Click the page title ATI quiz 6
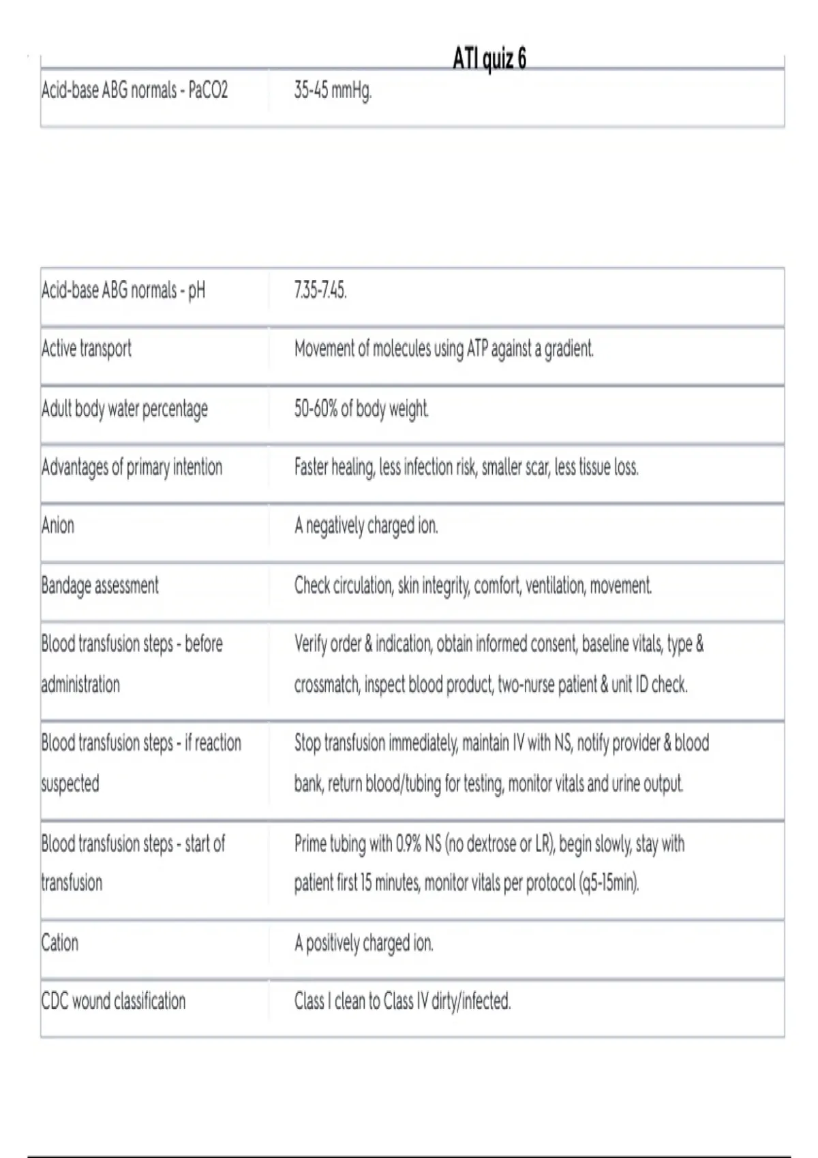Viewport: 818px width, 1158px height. click(x=489, y=59)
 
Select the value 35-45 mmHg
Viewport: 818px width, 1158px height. click(x=333, y=90)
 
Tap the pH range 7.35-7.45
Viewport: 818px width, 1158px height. click(x=320, y=291)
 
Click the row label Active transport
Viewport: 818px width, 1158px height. click(x=87, y=349)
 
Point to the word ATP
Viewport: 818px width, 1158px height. click(x=475, y=349)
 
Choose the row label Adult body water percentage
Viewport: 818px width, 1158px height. click(x=125, y=409)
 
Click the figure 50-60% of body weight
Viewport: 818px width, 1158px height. click(x=361, y=409)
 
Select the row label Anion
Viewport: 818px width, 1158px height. click(x=58, y=525)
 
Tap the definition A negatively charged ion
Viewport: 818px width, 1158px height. click(x=366, y=526)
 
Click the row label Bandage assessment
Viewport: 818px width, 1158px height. click(x=100, y=585)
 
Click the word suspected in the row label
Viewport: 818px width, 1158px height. click(x=70, y=783)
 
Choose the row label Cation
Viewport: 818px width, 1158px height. click(x=60, y=943)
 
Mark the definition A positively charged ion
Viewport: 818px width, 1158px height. click(x=364, y=943)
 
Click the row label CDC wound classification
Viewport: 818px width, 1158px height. click(x=114, y=1001)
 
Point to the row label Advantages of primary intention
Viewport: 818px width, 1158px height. click(x=132, y=467)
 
